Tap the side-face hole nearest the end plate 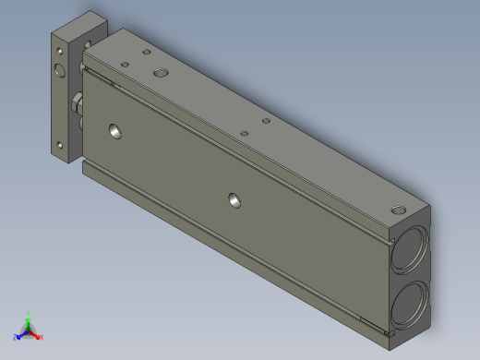tap(115, 131)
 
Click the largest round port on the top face tap(162, 72)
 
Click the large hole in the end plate tap(60, 71)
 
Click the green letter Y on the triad tap(29, 313)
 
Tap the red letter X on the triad tap(42, 337)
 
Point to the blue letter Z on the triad tap(15, 337)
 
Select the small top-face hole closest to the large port tap(145, 54)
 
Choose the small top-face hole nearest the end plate tap(124, 63)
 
